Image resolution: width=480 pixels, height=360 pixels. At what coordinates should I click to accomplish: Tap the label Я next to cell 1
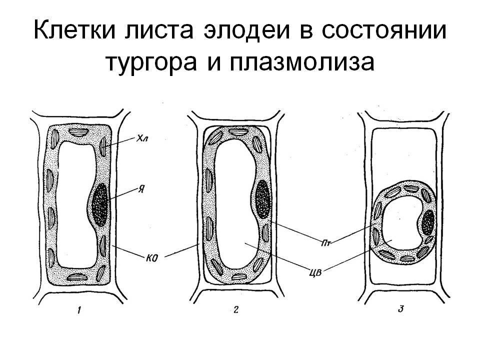[x=142, y=189]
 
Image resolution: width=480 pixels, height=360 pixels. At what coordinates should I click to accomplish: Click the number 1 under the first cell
[x=79, y=312]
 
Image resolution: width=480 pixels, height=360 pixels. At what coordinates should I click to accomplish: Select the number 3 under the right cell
[x=400, y=308]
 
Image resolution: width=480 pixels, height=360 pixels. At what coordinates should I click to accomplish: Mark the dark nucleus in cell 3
[x=428, y=223]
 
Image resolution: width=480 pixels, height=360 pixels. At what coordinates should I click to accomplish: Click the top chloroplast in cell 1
[x=78, y=132]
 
